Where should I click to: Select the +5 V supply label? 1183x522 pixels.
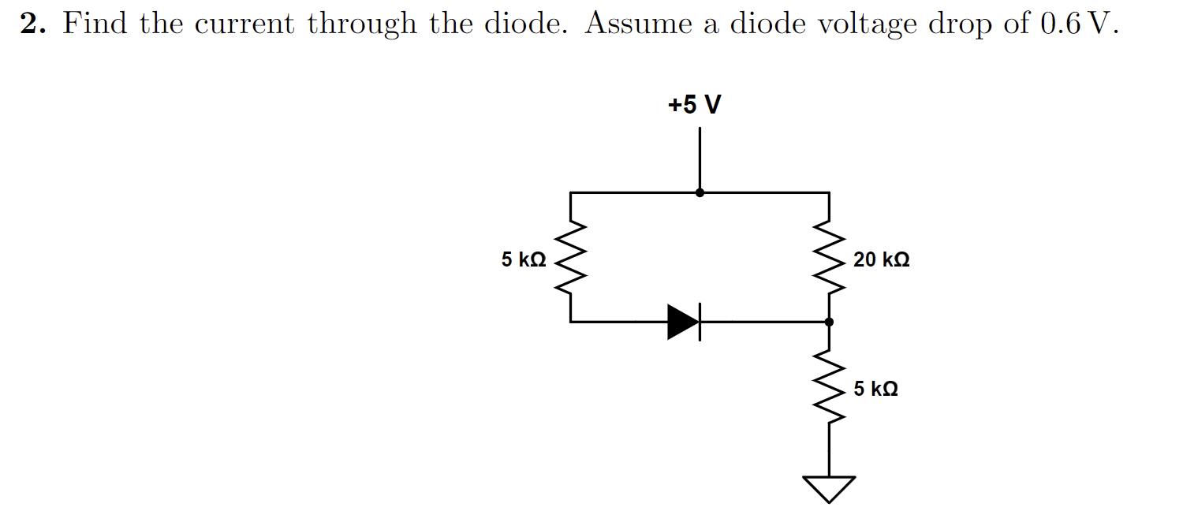pyautogui.click(x=694, y=105)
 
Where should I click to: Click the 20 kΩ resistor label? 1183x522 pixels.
pyautogui.click(x=881, y=259)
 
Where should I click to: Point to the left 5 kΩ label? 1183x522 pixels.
pyautogui.click(x=524, y=259)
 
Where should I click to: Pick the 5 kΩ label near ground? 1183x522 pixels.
pyautogui.click(x=875, y=389)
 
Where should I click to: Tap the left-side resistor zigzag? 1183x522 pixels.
pyautogui.click(x=570, y=256)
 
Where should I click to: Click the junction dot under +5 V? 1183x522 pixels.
pyautogui.click(x=700, y=192)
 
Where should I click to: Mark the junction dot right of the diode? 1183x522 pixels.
pyautogui.click(x=829, y=322)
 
